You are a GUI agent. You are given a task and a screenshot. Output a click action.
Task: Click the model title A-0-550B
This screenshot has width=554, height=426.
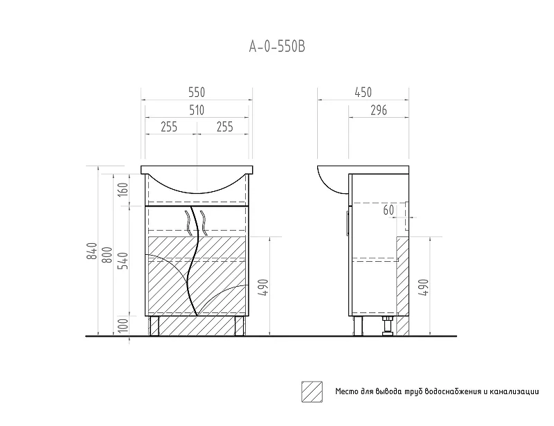277,46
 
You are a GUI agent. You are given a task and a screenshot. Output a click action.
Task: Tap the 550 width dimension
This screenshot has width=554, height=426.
197,92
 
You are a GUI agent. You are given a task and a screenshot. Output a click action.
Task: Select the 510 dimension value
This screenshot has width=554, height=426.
197,110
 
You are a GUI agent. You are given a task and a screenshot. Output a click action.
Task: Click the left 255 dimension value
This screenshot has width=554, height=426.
169,127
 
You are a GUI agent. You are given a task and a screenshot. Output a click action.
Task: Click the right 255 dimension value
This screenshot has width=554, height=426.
224,127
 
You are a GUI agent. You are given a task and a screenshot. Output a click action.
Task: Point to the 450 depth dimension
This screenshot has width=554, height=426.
363,92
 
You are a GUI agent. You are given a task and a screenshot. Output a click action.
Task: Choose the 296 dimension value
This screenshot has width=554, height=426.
379,110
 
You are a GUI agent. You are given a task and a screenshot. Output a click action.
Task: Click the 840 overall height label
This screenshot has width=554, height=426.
92,251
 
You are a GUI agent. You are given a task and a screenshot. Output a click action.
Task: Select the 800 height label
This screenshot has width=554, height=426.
107,254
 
